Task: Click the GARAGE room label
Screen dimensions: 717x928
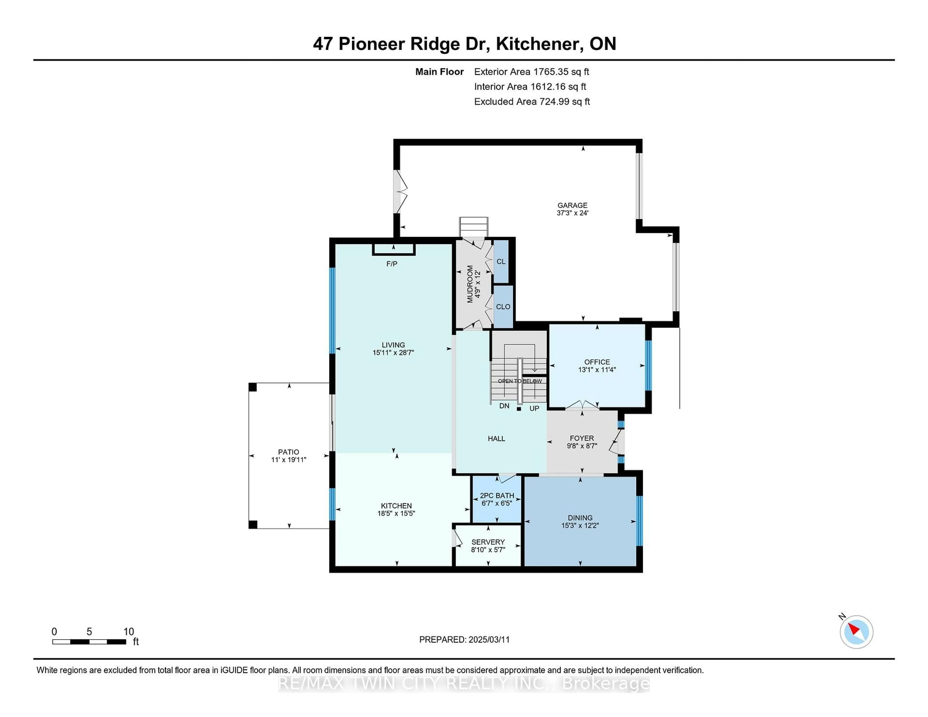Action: click(x=572, y=205)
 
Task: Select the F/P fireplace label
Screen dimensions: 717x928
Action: click(x=392, y=264)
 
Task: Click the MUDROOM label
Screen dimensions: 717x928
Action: click(x=470, y=284)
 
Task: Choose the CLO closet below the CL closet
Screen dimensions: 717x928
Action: click(x=503, y=307)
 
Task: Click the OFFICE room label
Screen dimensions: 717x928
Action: click(x=597, y=362)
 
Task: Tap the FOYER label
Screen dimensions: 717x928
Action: click(x=582, y=438)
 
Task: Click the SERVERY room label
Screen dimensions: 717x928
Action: click(x=488, y=542)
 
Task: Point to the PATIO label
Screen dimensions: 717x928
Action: click(x=289, y=452)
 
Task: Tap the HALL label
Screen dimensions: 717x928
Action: click(x=496, y=438)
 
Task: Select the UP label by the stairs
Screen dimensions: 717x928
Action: click(x=534, y=408)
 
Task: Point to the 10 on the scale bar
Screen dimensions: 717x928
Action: click(x=128, y=632)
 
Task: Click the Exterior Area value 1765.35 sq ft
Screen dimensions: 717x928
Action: click(x=561, y=72)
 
